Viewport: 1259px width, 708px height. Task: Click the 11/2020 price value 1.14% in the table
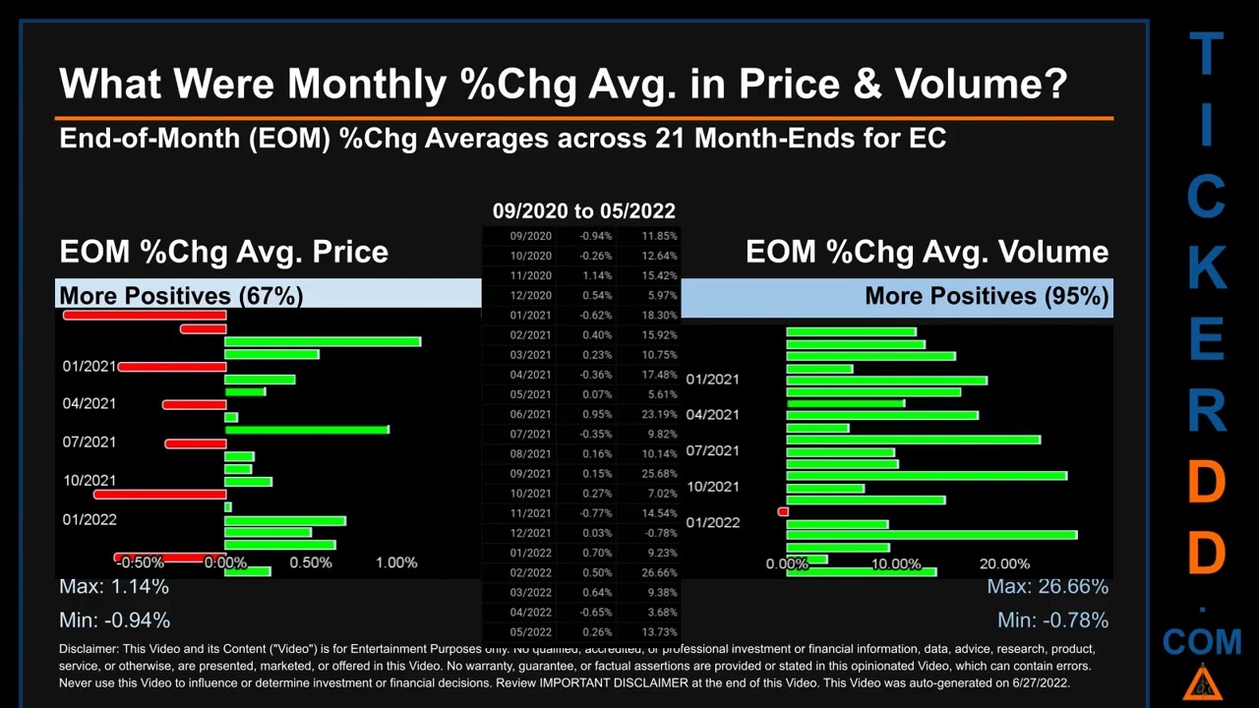tap(595, 275)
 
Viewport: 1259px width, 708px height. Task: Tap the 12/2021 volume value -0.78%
tap(658, 533)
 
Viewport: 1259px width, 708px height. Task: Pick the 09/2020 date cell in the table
tap(530, 236)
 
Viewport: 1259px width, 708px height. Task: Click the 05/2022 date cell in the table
tap(530, 632)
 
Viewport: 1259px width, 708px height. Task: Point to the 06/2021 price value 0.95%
tap(595, 414)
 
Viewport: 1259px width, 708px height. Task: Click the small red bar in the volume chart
tap(783, 511)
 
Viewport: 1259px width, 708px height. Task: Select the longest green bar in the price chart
tap(323, 341)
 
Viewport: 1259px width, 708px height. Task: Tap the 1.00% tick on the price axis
tap(396, 562)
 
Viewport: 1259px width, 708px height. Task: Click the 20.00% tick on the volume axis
tap(1004, 563)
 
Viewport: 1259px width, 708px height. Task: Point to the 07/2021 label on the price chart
tap(90, 442)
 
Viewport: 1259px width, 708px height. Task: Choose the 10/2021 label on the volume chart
tap(712, 486)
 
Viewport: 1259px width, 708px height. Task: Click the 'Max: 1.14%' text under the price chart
tap(114, 587)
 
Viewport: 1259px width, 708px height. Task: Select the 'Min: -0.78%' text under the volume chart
tap(1052, 620)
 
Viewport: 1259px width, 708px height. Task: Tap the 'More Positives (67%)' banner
tap(181, 295)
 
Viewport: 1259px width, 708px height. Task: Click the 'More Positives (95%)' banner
tap(987, 296)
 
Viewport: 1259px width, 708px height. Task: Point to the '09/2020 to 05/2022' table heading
tap(583, 210)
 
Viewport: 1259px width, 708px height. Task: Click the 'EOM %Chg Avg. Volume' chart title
tap(927, 252)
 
